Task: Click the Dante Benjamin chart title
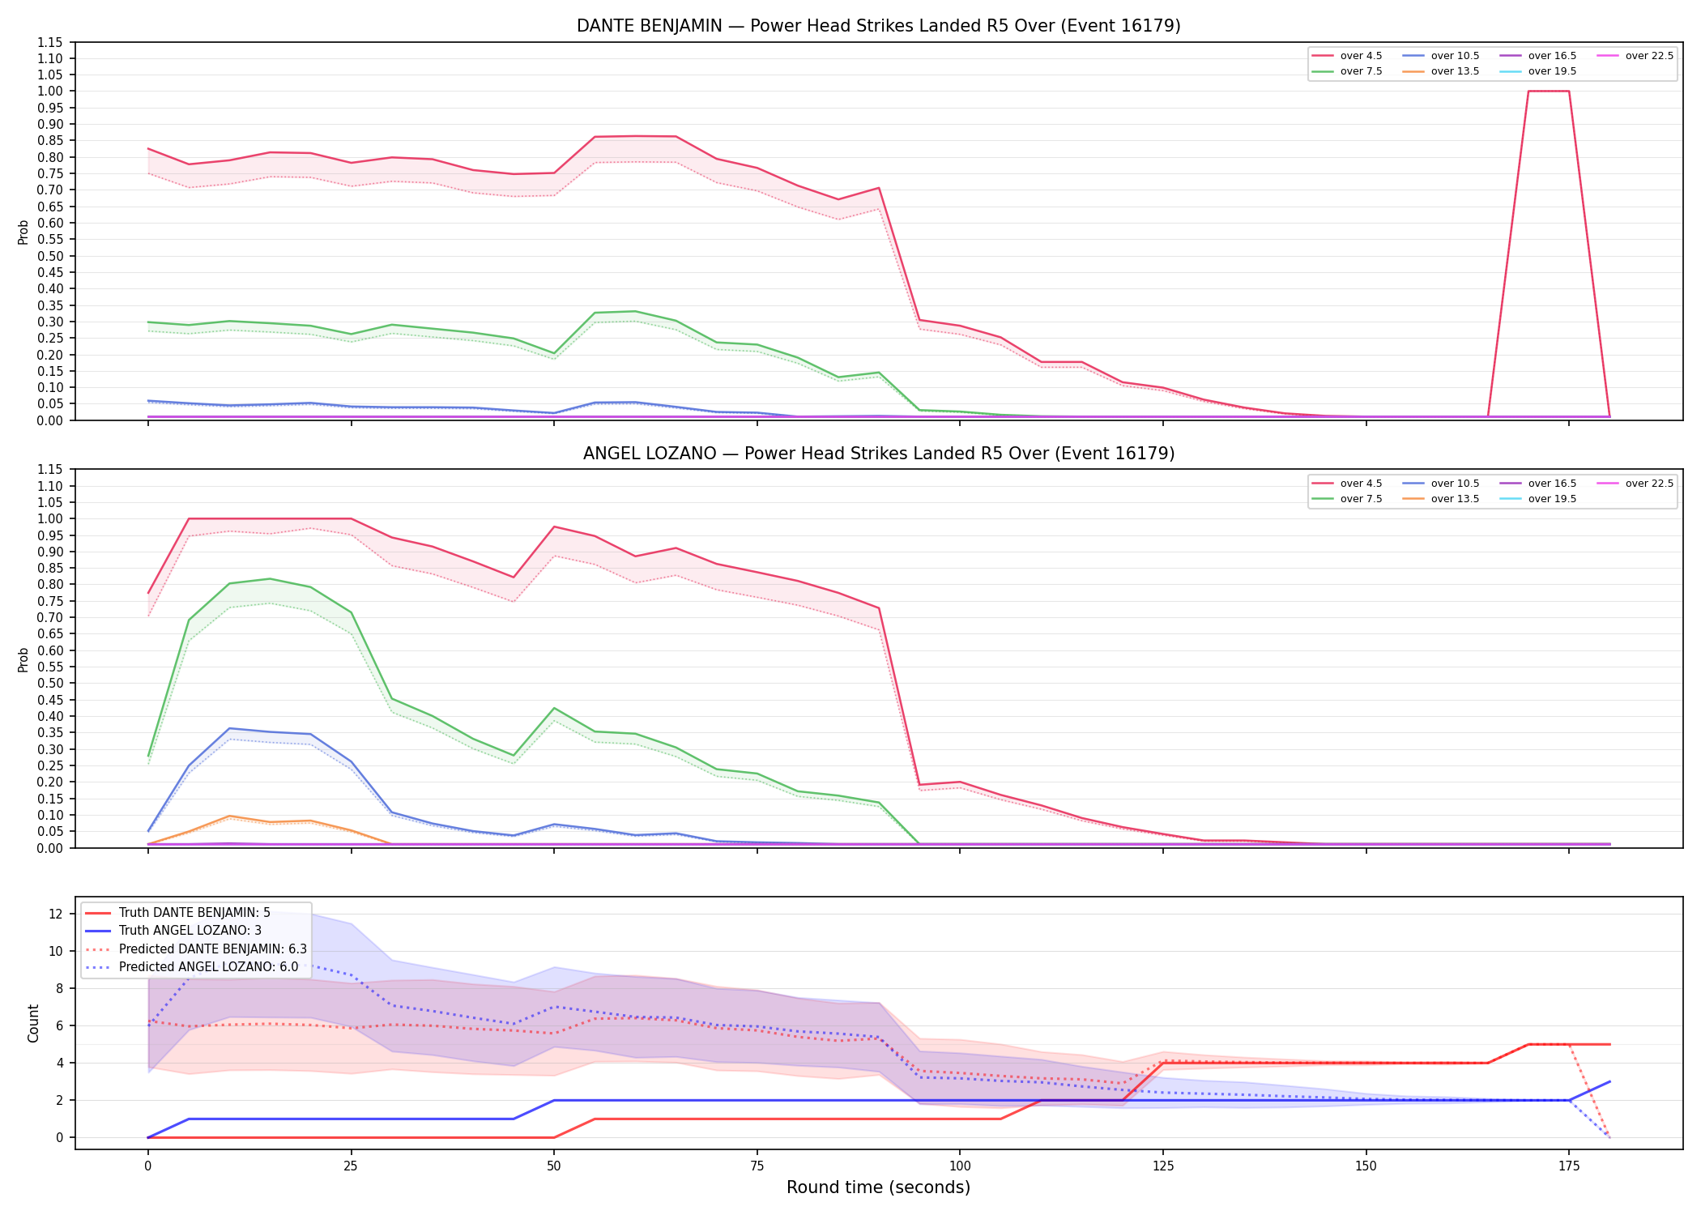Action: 878,26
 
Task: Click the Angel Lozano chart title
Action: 878,454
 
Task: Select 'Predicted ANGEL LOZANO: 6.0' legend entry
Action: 191,966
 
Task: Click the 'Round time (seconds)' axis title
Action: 878,1187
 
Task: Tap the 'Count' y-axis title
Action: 33,1023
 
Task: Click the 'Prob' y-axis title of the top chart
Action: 23,232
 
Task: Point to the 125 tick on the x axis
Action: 1162,1166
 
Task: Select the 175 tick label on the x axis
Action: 1569,1166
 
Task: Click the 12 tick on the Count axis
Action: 56,914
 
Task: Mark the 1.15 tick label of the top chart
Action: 50,42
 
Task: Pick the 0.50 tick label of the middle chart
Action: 50,683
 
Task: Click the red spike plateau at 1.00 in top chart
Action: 1549,91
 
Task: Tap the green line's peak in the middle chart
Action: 270,579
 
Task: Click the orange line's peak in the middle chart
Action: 229,816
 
